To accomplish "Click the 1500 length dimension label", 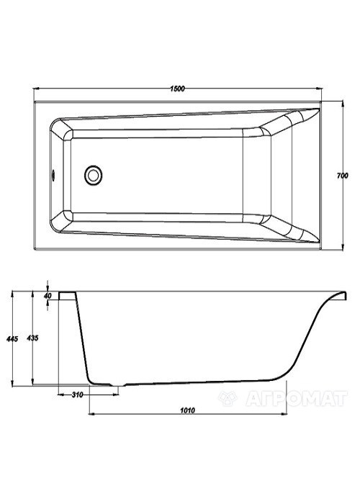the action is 177,89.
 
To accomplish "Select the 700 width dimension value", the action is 343,176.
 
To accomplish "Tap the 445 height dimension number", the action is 12,339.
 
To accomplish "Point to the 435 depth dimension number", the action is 32,338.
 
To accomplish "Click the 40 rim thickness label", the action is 48,295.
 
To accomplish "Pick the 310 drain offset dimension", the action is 78,395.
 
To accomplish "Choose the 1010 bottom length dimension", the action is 187,410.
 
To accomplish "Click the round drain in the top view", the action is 93,175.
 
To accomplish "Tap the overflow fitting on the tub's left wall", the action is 53,176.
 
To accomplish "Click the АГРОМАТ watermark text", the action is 297,399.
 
